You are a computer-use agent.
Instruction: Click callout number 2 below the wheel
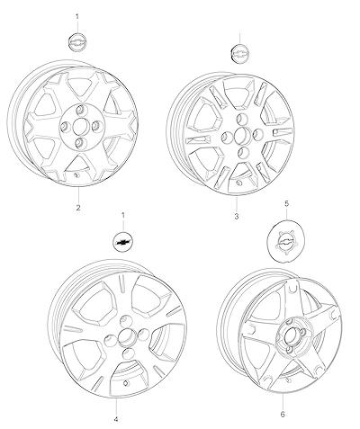[x=78, y=208]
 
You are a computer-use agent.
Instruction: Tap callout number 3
[x=237, y=216]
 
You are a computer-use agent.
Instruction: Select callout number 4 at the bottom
[x=116, y=419]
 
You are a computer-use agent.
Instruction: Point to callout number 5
[x=286, y=204]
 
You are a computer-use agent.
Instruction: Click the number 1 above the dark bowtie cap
[x=122, y=215]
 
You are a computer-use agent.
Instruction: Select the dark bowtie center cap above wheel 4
[x=123, y=242]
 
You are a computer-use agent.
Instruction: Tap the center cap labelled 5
[x=284, y=243]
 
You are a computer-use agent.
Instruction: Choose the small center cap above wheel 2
[x=77, y=41]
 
